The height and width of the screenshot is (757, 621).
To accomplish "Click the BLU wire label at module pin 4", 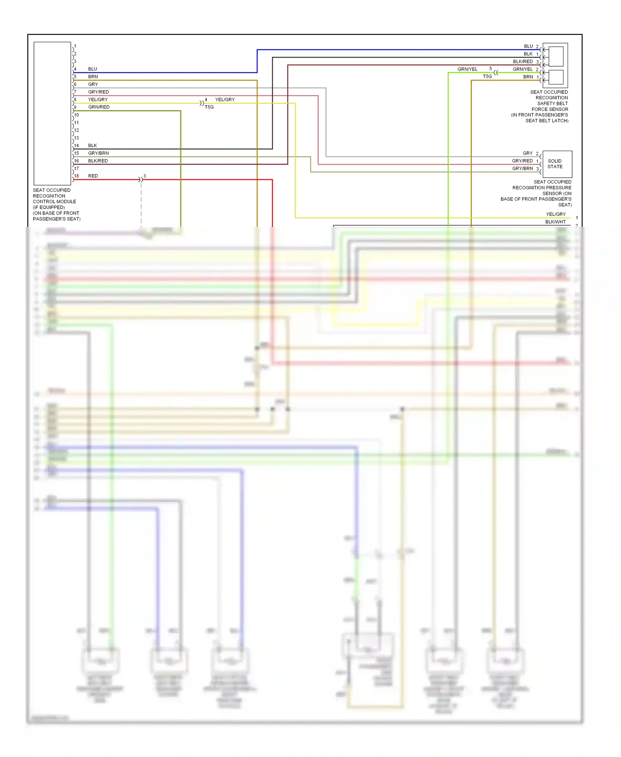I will click(x=92, y=69).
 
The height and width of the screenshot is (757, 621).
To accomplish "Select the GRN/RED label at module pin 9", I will click(x=99, y=107).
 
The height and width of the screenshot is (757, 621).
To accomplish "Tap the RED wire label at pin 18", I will click(x=93, y=176).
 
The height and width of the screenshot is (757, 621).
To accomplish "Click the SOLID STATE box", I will click(x=557, y=164).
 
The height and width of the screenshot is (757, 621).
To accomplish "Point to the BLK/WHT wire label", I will click(x=555, y=222).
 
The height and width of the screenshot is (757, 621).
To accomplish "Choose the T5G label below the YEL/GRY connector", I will click(x=209, y=107).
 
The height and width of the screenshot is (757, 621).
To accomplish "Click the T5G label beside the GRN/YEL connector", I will click(x=487, y=77).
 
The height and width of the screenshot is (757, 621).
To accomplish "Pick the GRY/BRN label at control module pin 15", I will click(x=98, y=153).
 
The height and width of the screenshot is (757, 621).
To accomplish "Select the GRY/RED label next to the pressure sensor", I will click(x=522, y=161).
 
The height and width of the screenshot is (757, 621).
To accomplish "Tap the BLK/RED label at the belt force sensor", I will click(x=522, y=62).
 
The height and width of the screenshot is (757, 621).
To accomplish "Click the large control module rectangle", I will click(x=52, y=113).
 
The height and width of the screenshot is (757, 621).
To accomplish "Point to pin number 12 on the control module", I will click(x=76, y=130).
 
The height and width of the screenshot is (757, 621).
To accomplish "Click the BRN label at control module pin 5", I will click(x=93, y=77).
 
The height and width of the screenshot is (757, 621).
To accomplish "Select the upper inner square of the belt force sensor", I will click(x=556, y=56).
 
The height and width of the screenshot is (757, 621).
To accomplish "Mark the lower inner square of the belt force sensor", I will click(x=556, y=77).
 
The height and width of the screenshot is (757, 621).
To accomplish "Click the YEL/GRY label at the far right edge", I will click(x=556, y=215).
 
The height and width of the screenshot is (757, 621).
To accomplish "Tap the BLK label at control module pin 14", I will click(x=92, y=146).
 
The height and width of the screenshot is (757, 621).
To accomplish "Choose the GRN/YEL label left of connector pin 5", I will click(x=467, y=69).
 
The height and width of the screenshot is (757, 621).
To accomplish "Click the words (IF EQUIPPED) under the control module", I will click(x=49, y=207).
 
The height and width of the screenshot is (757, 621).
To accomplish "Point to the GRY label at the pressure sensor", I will click(x=527, y=153).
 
